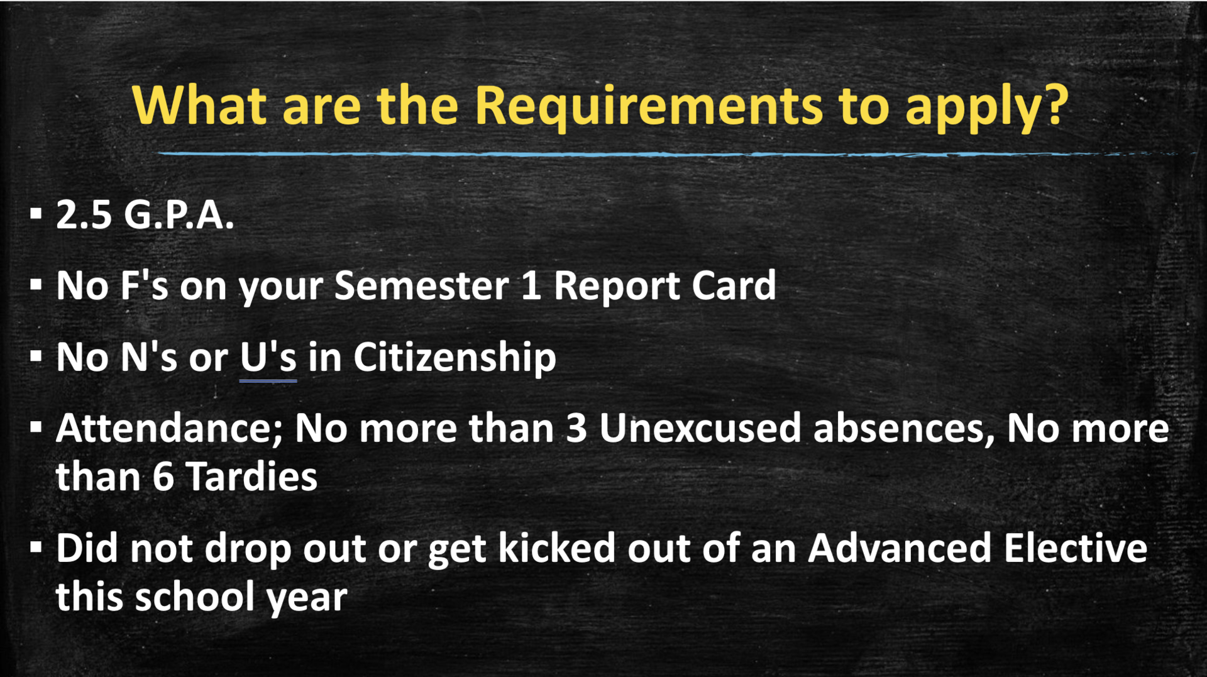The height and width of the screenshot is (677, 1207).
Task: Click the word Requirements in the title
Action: coord(648,106)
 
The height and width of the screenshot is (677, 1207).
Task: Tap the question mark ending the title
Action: coord(1054,104)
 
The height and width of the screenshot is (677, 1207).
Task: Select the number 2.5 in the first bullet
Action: coord(84,215)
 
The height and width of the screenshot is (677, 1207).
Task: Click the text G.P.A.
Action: coord(179,215)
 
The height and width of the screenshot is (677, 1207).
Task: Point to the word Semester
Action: coord(421,286)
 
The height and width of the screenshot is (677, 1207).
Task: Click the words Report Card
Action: coord(664,286)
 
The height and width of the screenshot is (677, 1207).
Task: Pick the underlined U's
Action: coord(268,358)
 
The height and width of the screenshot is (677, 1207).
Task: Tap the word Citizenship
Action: coord(454,358)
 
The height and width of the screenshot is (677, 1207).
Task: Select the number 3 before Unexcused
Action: coord(576,429)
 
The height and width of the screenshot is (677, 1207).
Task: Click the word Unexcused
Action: coord(700,429)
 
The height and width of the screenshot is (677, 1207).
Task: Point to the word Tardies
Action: coord(251,476)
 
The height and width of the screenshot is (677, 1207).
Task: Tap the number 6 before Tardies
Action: coord(163,476)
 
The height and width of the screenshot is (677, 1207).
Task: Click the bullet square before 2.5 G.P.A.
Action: coord(36,214)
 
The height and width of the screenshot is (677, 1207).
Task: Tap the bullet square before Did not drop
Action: coord(36,547)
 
